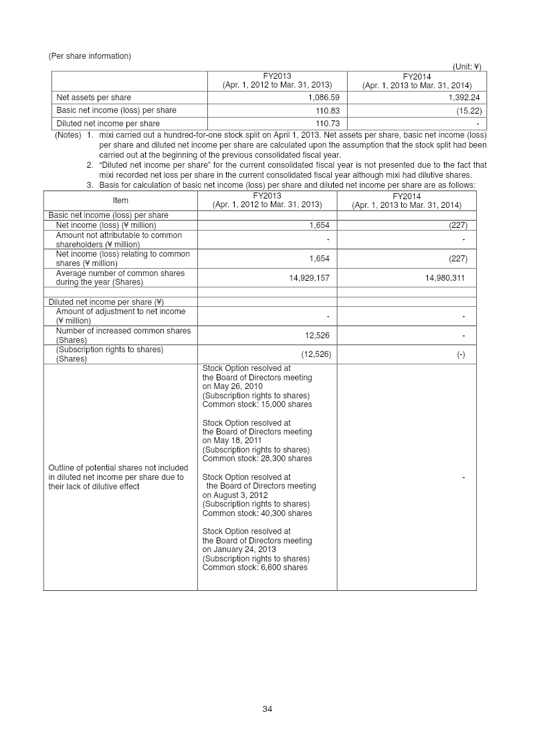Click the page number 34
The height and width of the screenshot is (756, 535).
[267, 709]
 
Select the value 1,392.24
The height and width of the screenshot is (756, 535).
[461, 98]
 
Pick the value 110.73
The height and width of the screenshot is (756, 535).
[323, 124]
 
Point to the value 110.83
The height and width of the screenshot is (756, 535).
[323, 110]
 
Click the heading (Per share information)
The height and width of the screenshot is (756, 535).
[90, 56]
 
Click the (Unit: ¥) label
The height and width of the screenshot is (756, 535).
[467, 67]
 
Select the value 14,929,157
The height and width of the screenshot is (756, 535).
[309, 277]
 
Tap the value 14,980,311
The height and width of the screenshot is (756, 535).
[445, 277]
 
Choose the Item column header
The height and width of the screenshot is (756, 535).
[120, 201]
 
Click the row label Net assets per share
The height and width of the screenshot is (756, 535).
[94, 98]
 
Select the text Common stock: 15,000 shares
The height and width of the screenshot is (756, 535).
[257, 404]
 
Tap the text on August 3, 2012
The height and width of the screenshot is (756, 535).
[235, 495]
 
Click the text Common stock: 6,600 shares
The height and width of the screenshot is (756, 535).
[255, 568]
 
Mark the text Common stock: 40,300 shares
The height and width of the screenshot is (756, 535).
[257, 513]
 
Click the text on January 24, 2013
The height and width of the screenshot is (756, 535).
[239, 549]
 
